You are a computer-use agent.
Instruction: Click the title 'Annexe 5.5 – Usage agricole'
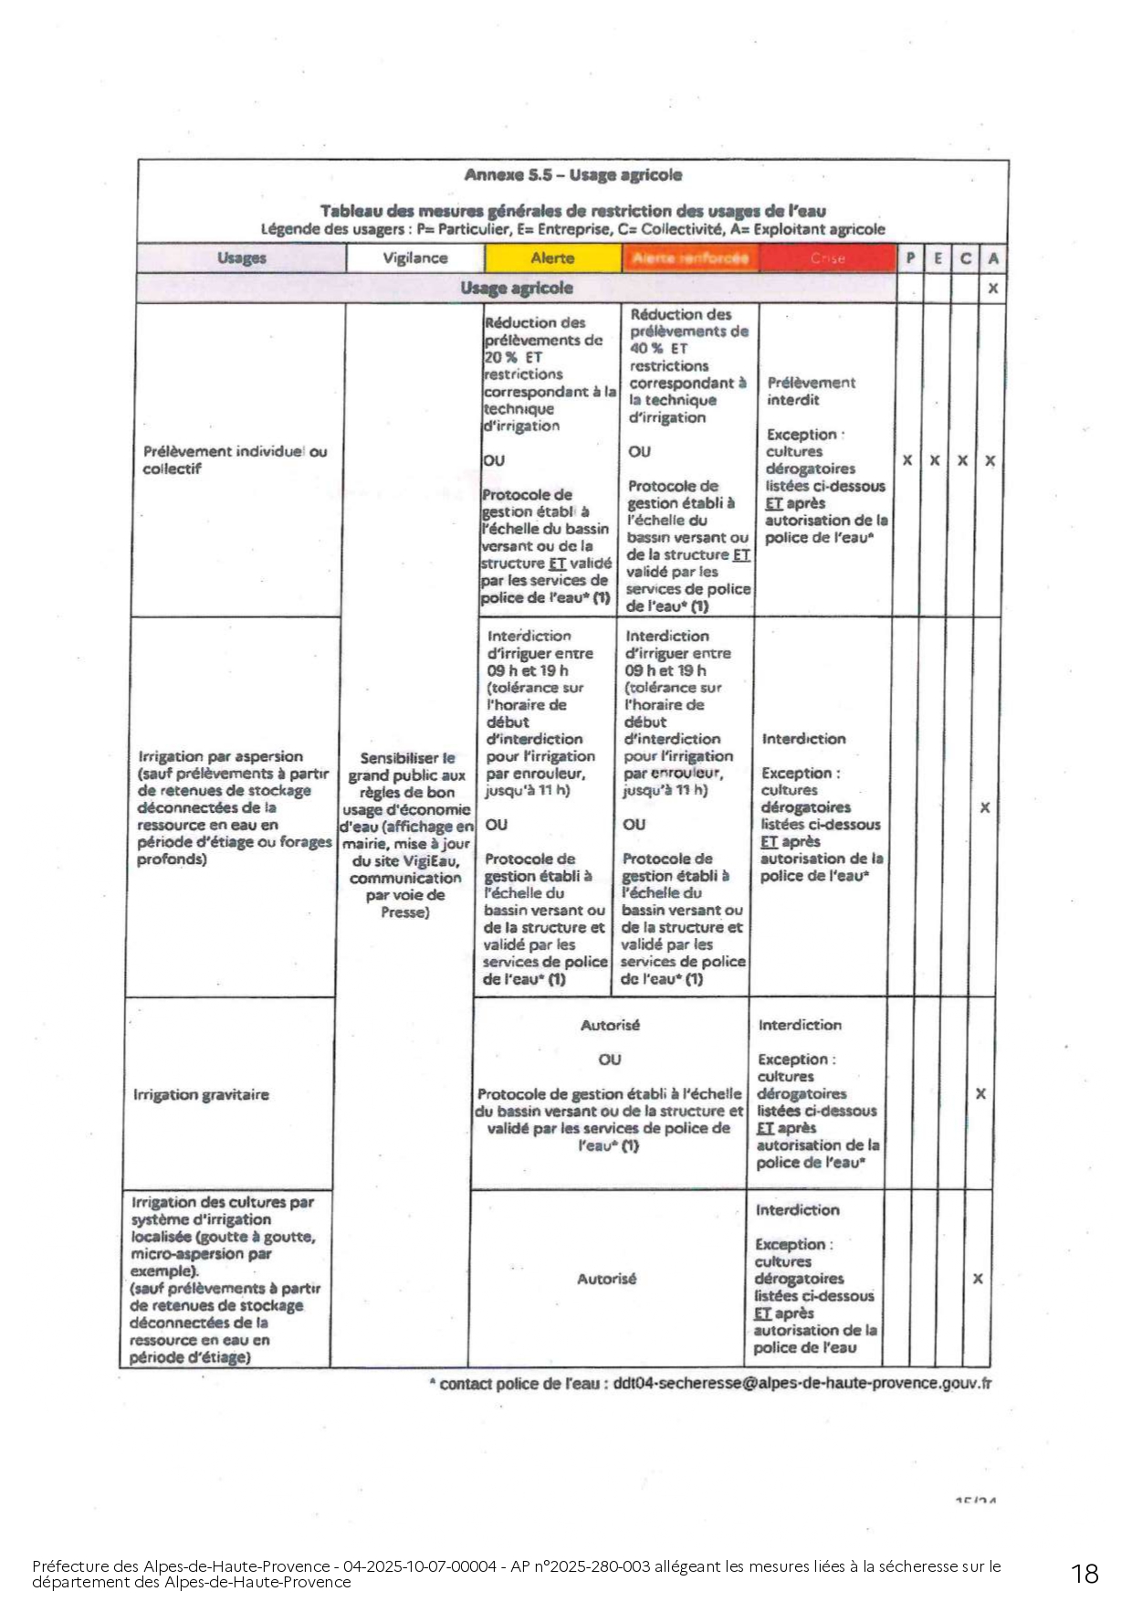(572, 175)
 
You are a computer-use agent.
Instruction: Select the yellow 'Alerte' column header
(552, 258)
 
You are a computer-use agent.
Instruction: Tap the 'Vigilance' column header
(415, 258)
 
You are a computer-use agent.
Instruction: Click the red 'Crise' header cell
(827, 258)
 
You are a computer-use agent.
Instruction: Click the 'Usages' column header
(242, 258)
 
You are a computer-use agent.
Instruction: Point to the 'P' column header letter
(910, 258)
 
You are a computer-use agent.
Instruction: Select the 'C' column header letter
(966, 258)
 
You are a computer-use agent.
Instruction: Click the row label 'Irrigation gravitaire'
(201, 1094)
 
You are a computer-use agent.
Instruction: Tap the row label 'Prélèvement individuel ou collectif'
(234, 460)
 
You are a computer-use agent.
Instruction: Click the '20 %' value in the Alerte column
(500, 357)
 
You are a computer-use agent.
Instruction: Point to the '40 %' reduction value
(645, 348)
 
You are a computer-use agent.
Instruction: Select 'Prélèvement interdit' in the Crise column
(811, 391)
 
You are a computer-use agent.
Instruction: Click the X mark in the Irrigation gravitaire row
(980, 1093)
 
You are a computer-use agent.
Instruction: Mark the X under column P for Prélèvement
(907, 460)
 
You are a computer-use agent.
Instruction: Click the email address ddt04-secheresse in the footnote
(802, 1383)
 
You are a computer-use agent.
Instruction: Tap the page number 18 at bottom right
(1085, 1573)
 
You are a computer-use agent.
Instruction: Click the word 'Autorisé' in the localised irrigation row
(606, 1279)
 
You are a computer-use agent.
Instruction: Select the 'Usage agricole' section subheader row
(517, 289)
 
